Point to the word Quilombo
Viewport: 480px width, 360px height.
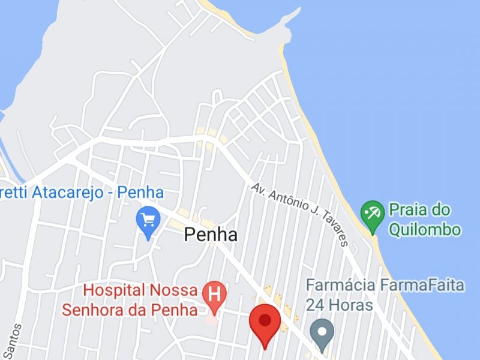[x=425, y=229]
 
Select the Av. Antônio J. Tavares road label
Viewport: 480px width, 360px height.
[x=300, y=214]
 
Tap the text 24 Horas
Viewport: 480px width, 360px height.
[x=339, y=305]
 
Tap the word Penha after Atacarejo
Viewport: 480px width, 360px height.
[x=140, y=193]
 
